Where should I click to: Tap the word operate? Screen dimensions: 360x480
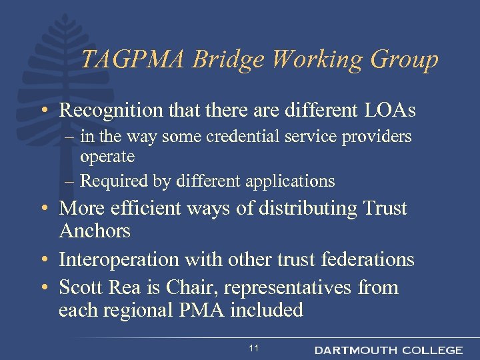tap(107, 157)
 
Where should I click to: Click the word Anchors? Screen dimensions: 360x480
tap(95, 231)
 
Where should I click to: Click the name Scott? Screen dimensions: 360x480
tap(79, 287)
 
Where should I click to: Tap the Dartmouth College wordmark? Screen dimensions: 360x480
tap(389, 349)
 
